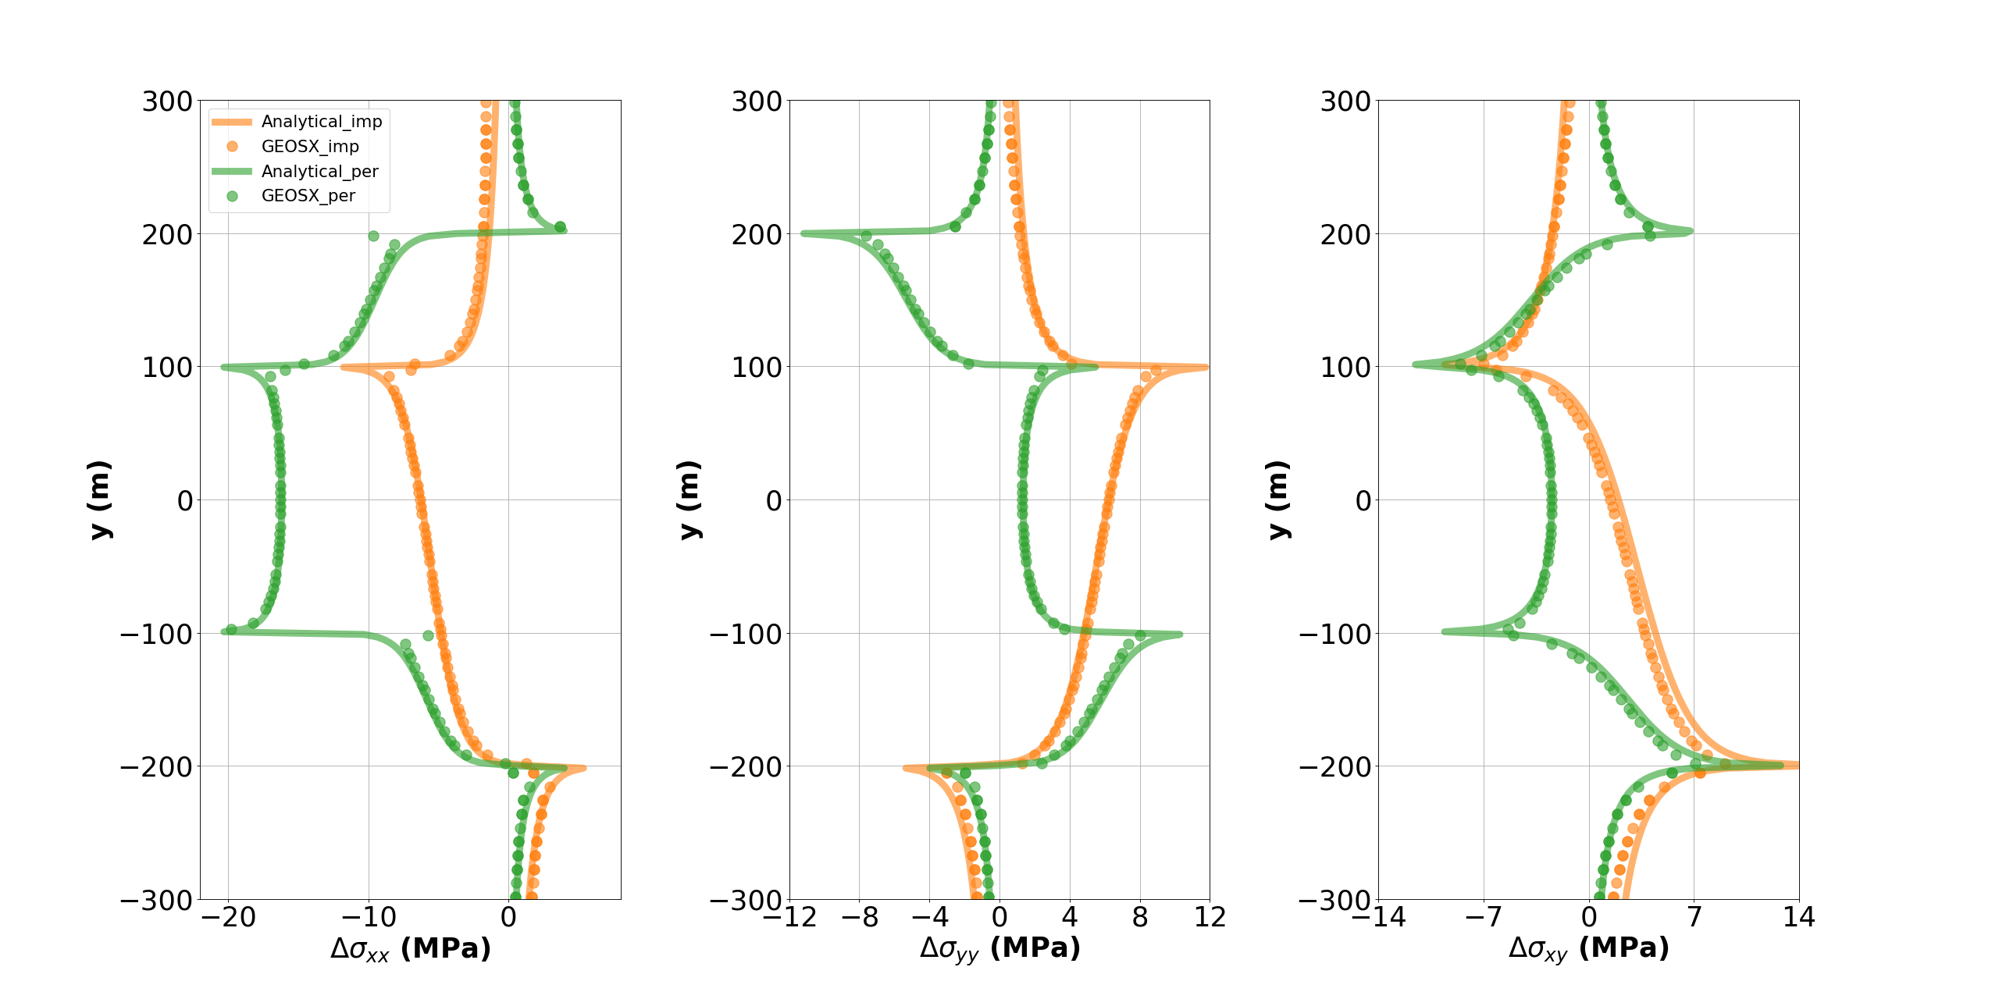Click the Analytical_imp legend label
tap(321, 122)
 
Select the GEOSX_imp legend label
tap(310, 147)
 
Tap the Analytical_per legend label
tap(319, 172)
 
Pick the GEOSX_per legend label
tap(308, 196)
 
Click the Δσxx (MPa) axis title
tap(411, 949)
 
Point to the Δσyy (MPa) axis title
tap(999, 949)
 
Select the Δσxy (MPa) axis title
tap(1588, 949)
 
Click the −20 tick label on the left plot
tap(228, 918)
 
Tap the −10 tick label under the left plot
tap(369, 918)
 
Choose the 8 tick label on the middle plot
tap(1140, 918)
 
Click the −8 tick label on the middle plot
tap(859, 918)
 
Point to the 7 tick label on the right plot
tap(1694, 918)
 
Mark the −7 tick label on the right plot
tap(1483, 918)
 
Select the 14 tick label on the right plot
tap(1799, 918)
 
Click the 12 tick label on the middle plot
tap(1210, 918)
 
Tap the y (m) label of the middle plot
tap(689, 499)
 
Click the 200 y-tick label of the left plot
tap(167, 234)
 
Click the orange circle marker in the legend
tap(232, 147)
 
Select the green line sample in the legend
tap(232, 172)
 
